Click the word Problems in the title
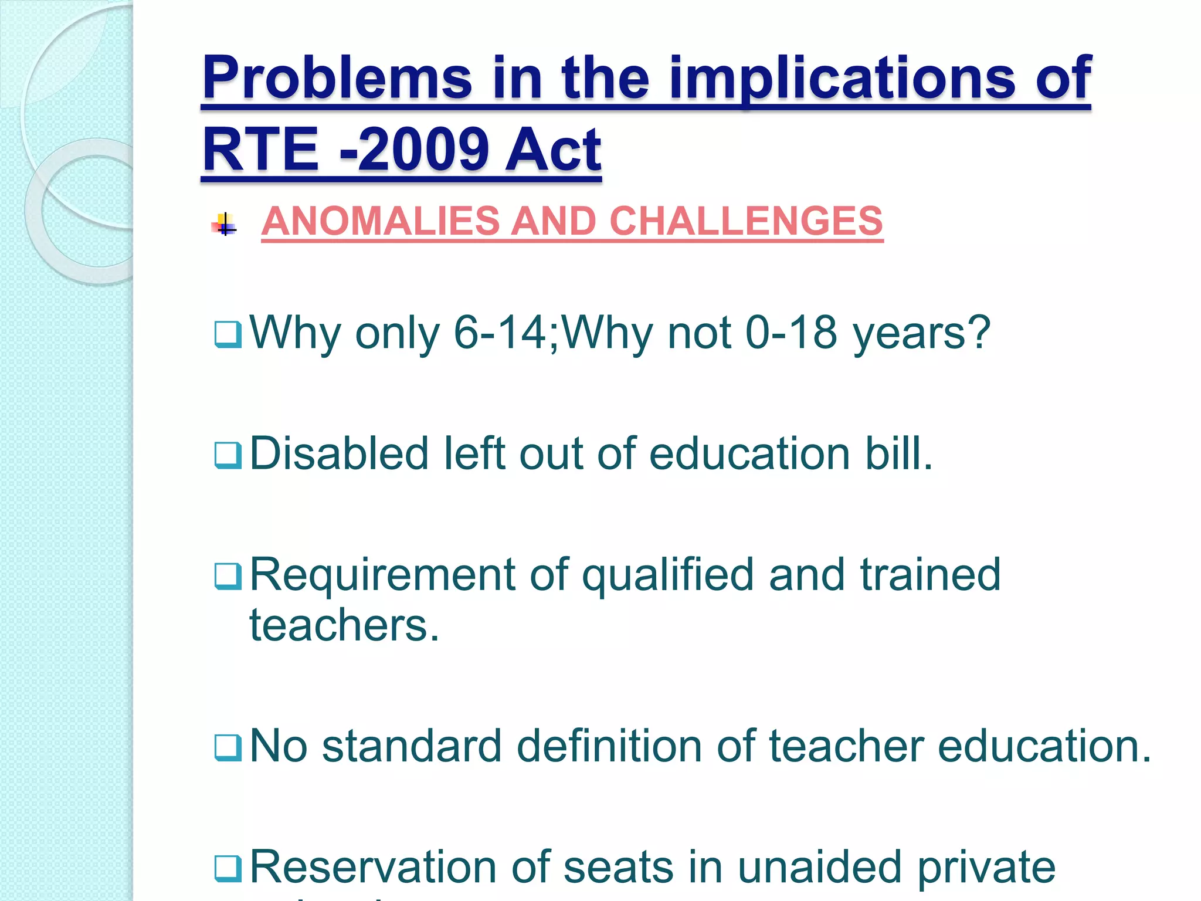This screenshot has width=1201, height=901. [337, 78]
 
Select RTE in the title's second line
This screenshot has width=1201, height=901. [261, 150]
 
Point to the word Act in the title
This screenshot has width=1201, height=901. [553, 150]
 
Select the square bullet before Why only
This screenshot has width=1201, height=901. [228, 334]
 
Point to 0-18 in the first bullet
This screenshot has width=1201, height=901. [791, 333]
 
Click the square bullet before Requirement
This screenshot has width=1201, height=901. [228, 576]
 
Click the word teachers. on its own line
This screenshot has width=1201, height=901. [344, 625]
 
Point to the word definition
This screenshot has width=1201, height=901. [609, 746]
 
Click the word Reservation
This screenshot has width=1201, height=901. [373, 867]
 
